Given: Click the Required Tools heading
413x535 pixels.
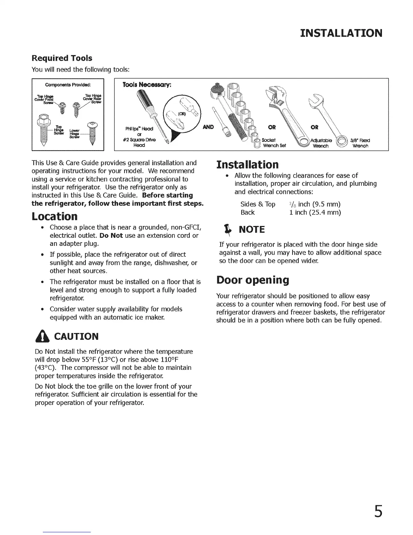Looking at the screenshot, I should point(62,58).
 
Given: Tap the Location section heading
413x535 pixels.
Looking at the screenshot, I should point(55,216).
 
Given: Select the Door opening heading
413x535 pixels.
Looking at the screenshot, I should point(252,280).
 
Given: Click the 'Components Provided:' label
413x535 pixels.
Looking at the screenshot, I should point(68,84).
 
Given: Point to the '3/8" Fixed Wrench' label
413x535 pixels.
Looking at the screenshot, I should point(360,143).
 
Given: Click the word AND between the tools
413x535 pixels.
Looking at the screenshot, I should point(209,127).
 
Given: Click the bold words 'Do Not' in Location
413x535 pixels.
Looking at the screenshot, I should point(111,235).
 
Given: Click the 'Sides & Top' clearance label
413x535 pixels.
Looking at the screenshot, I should point(258,204).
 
